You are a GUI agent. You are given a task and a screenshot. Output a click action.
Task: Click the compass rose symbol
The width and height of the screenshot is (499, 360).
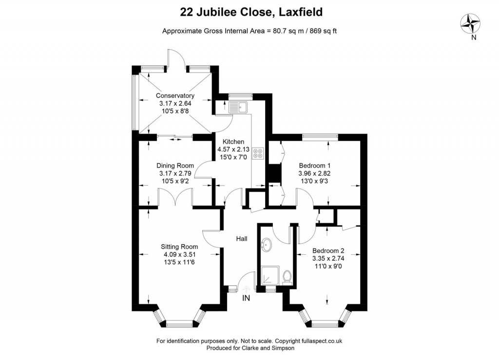[471, 22]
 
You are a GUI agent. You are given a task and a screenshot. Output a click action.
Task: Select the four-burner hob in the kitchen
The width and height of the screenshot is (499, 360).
[258, 153]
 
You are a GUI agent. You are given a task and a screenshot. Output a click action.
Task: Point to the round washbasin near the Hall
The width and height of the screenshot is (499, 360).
[267, 244]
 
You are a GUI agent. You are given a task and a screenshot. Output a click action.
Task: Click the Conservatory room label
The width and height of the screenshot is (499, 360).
[175, 95]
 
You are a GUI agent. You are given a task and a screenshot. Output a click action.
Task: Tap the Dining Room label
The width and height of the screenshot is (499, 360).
[175, 166]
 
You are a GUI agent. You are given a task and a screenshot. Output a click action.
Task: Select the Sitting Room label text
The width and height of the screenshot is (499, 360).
[180, 246]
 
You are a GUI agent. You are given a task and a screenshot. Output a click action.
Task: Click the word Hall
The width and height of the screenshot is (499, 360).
[242, 239]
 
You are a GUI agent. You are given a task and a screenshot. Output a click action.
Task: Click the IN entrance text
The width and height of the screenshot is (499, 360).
[246, 298]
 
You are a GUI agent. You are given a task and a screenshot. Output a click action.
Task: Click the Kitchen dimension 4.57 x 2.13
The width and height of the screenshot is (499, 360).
[233, 150]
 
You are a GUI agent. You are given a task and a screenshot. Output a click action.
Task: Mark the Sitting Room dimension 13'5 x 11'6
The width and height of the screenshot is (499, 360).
[180, 262]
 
